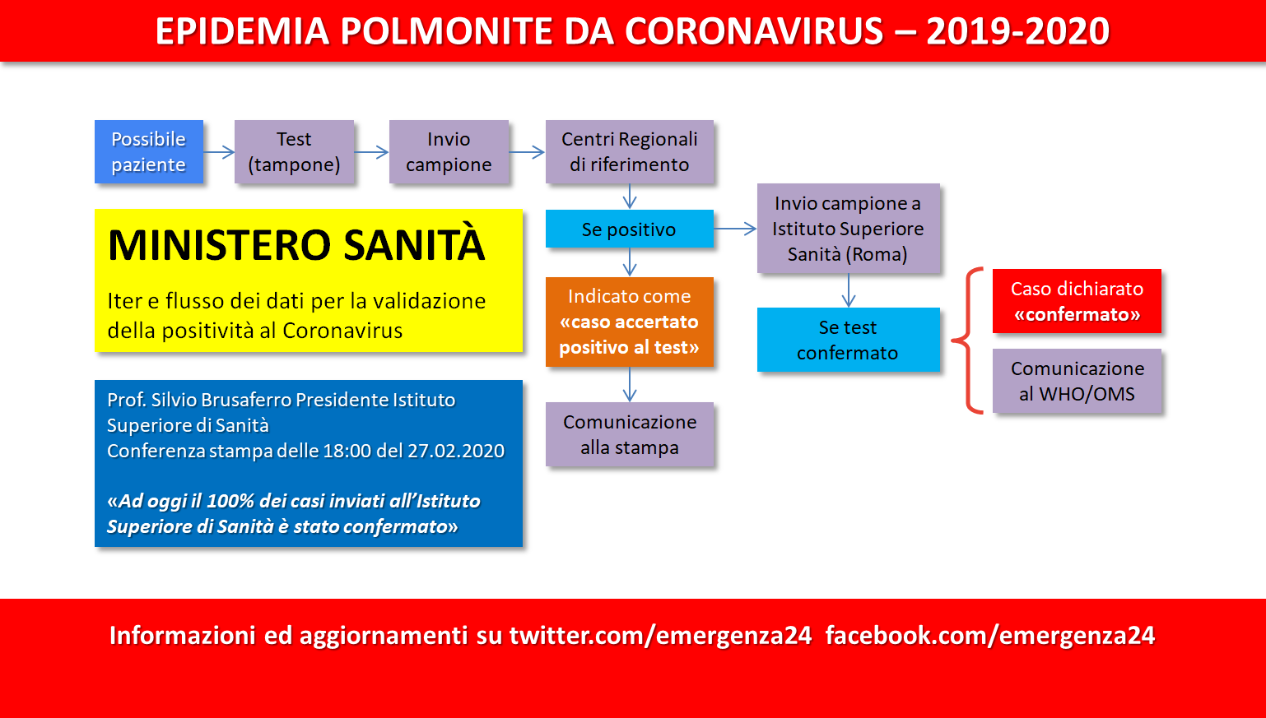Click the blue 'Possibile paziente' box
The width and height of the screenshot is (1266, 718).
(x=149, y=151)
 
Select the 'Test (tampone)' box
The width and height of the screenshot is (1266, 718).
(x=294, y=151)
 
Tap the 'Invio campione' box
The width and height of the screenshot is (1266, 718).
(x=449, y=151)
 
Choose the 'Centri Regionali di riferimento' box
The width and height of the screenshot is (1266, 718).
(x=629, y=151)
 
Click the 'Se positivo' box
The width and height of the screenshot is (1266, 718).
(x=629, y=229)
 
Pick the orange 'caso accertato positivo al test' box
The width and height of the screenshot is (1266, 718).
(x=629, y=322)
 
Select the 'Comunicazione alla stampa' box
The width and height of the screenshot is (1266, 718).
(x=629, y=434)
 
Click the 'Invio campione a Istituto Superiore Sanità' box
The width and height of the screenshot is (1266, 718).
(x=849, y=229)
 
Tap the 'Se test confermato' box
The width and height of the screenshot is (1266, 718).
(x=849, y=340)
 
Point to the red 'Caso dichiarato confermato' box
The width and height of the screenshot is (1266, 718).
(x=1077, y=301)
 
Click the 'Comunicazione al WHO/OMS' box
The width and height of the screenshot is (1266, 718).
(x=1077, y=381)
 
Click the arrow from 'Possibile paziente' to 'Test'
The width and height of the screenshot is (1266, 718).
(x=219, y=152)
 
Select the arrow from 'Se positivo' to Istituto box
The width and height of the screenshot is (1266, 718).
(x=735, y=229)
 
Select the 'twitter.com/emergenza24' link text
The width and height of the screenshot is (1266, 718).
(x=660, y=636)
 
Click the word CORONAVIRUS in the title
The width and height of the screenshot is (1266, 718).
(x=754, y=31)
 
